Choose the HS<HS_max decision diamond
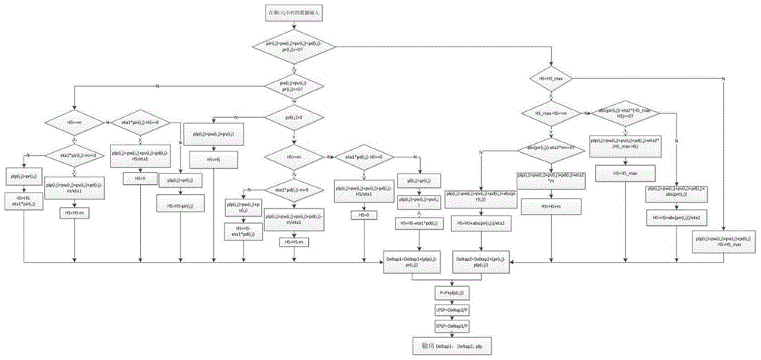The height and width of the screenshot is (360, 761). (552, 79)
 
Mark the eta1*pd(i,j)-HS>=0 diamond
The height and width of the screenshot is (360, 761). (358, 157)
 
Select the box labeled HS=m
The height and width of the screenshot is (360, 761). (552, 206)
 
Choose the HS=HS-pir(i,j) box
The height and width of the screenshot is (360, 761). (180, 206)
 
